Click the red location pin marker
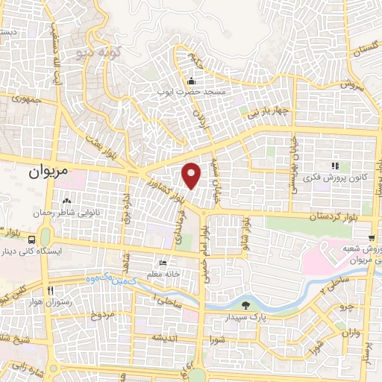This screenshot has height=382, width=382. [x=192, y=175]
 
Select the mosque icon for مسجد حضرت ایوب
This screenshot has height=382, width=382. [x=192, y=81]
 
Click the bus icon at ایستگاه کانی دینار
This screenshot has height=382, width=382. [x=32, y=240]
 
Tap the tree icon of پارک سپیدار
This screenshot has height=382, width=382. [x=246, y=305]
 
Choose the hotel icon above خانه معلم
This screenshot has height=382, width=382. [x=164, y=263]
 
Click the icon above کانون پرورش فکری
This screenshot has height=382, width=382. [x=335, y=166]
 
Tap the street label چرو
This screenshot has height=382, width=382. [x=345, y=305]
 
